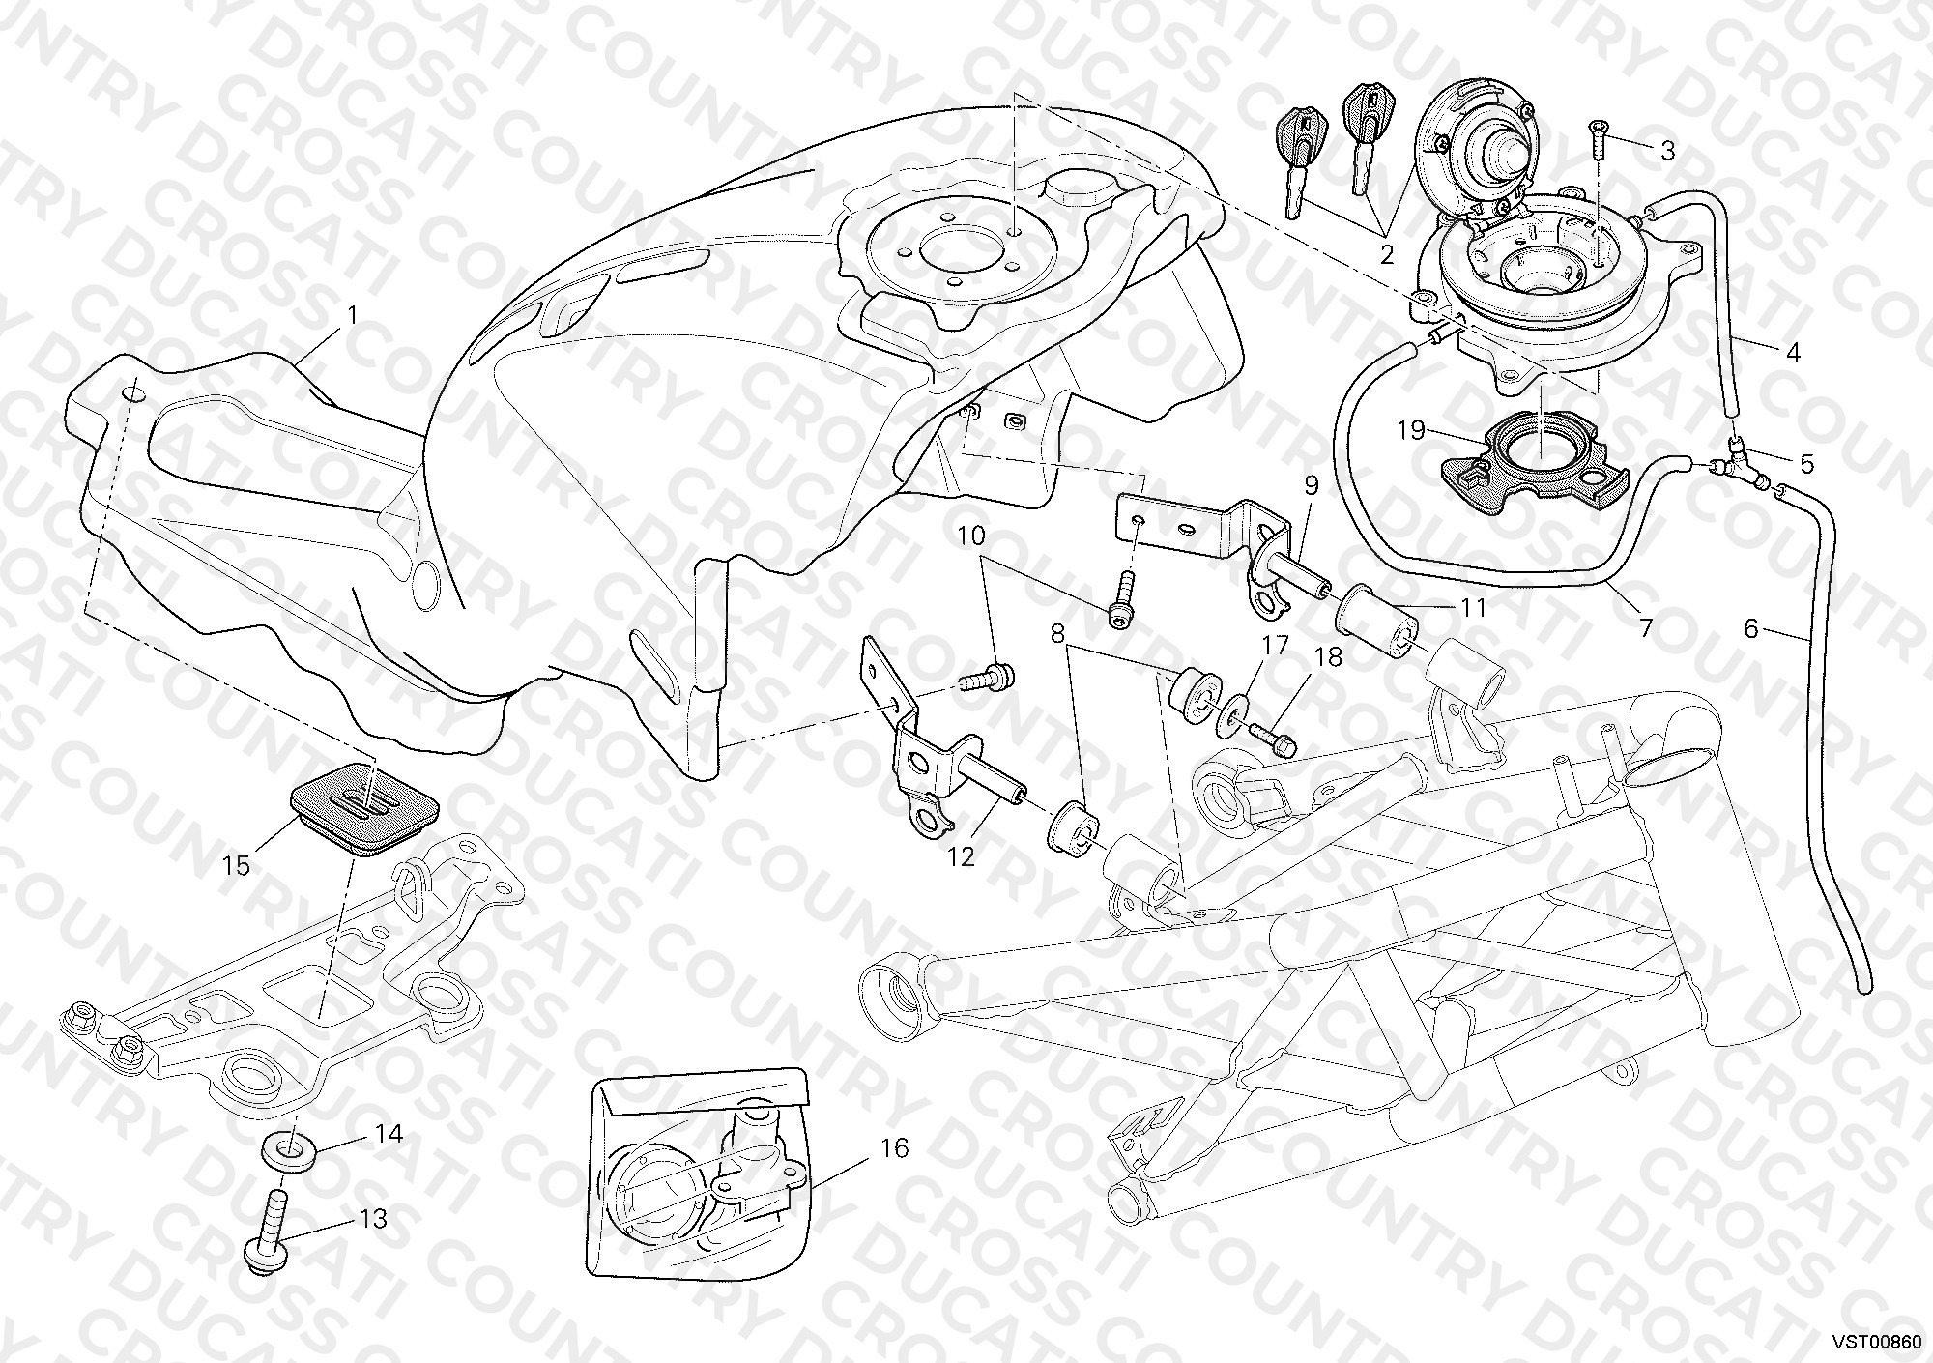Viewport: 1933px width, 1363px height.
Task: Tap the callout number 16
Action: [895, 1147]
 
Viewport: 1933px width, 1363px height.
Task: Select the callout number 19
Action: [1411, 430]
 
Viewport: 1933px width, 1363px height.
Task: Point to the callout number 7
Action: [1644, 629]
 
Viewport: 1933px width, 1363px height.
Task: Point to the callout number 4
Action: [1794, 352]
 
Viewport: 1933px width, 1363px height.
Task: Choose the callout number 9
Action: [1311, 485]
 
